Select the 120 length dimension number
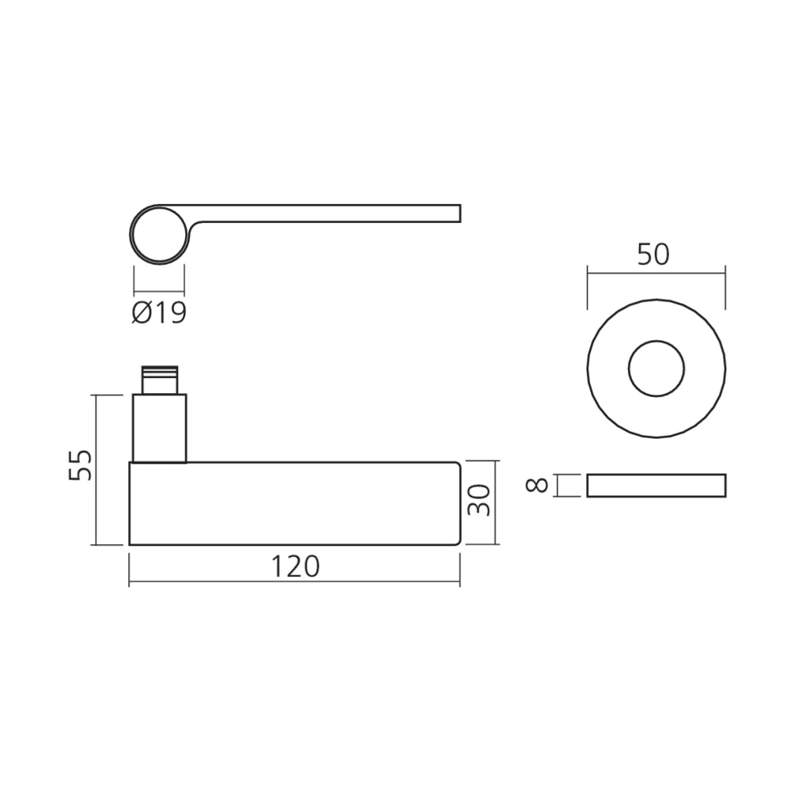point(295,566)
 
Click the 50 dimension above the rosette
point(653,254)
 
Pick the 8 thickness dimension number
point(538,485)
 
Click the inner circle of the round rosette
point(656,369)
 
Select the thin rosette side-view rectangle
point(656,486)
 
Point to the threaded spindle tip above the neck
point(160,381)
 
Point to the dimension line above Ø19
point(159,292)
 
